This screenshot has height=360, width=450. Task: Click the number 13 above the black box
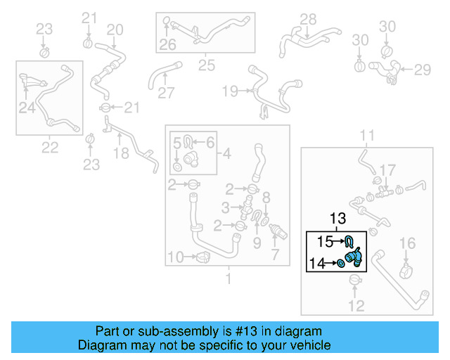point(337,219)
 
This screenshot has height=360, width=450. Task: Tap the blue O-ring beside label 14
point(340,263)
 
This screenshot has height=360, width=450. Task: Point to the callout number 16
point(408,243)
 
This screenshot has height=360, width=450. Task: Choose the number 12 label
point(356,306)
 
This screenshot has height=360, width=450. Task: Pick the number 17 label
point(388,169)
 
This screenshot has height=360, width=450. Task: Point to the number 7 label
point(276,254)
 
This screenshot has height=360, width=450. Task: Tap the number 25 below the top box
point(205,65)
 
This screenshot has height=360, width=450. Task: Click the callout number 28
point(308,19)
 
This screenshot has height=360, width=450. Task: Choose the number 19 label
point(230,91)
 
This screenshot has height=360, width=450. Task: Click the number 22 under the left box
point(50,147)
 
